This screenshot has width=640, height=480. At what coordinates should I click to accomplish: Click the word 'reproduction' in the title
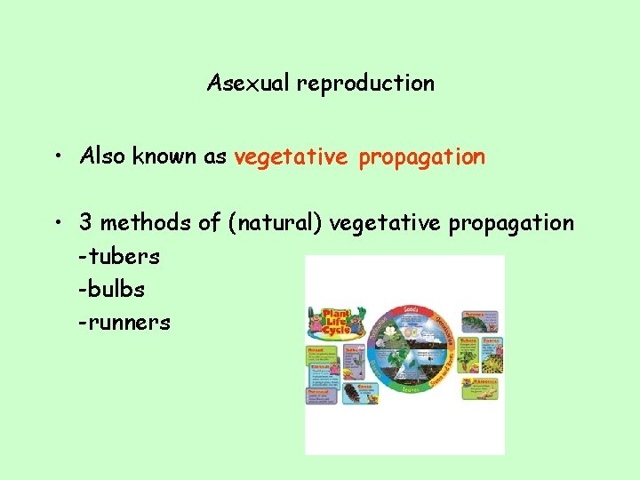click(365, 84)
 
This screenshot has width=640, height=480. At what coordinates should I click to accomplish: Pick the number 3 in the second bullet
click(85, 223)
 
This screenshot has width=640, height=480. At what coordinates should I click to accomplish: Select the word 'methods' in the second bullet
click(143, 223)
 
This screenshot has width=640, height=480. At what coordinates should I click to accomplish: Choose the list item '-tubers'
click(119, 257)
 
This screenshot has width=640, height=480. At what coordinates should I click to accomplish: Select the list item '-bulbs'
click(112, 290)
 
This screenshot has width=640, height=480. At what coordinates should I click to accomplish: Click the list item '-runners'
click(124, 323)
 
